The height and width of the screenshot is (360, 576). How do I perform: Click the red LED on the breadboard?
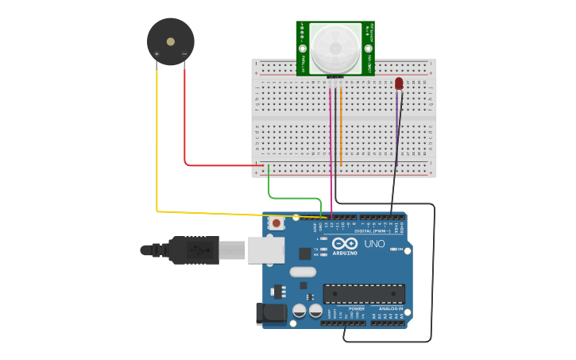pyautogui.click(x=399, y=83)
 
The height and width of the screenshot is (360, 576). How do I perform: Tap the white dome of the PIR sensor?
pyautogui.click(x=335, y=48)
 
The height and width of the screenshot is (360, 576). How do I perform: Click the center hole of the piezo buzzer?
pyautogui.click(x=171, y=41)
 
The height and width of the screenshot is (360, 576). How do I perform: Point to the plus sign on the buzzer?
pyautogui.click(x=157, y=54)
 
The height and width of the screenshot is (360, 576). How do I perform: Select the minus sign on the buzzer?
pyautogui.click(x=184, y=54)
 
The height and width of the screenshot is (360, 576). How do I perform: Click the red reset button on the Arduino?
pyautogui.click(x=276, y=223)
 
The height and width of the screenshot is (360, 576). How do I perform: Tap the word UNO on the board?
pyautogui.click(x=373, y=243)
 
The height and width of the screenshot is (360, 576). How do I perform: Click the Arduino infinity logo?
pyautogui.click(x=345, y=243)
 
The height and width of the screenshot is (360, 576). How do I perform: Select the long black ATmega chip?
pyautogui.click(x=364, y=293)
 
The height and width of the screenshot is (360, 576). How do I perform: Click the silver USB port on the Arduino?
pyautogui.click(x=265, y=250)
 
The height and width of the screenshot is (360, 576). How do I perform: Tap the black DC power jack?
pyautogui.click(x=271, y=313)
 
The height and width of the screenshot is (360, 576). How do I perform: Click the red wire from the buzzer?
pyautogui.click(x=185, y=119)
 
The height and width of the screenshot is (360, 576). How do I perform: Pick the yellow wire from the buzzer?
pyautogui.click(x=157, y=143)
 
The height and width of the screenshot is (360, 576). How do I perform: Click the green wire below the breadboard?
pyautogui.click(x=294, y=198)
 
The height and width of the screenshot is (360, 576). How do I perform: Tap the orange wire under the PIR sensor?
pyautogui.click(x=341, y=127)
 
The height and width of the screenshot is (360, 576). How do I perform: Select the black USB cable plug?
pyautogui.click(x=191, y=250)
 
